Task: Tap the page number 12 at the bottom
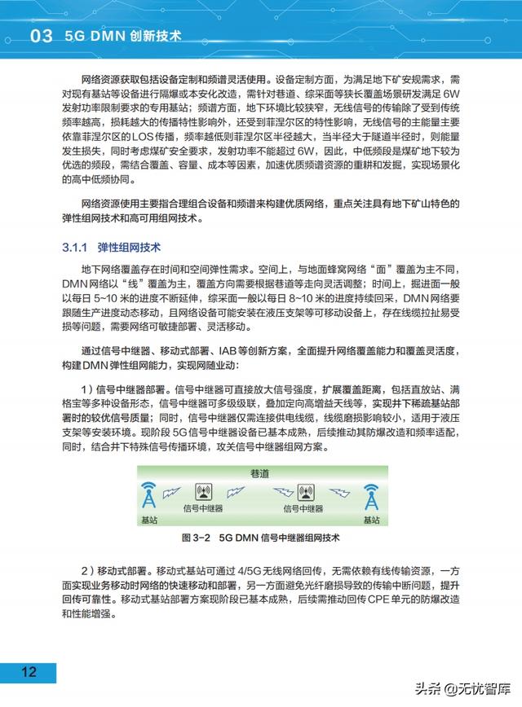tap(29, 671)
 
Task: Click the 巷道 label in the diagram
tap(259, 472)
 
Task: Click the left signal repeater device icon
tap(203, 492)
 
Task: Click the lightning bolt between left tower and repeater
tap(172, 492)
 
